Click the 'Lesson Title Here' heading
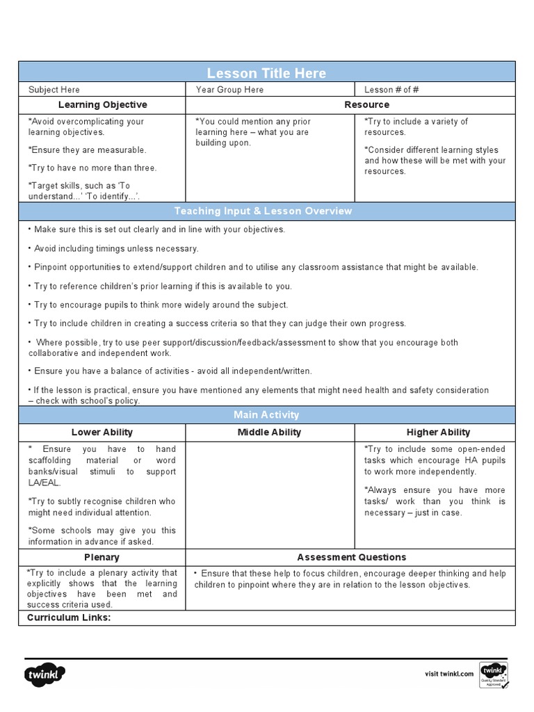pyautogui.click(x=267, y=73)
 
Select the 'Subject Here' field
pyautogui.click(x=54, y=90)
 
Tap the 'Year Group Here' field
pyautogui.click(x=229, y=90)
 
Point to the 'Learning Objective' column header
pyautogui.click(x=102, y=104)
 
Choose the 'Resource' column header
pyautogui.click(x=366, y=104)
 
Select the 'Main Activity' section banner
pyautogui.click(x=267, y=414)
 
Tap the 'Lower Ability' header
pyautogui.click(x=102, y=432)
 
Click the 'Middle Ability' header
pyautogui.click(x=269, y=432)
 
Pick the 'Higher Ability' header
pyautogui.click(x=438, y=432)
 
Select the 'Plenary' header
pyautogui.click(x=102, y=557)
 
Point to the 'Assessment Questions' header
pyautogui.click(x=351, y=557)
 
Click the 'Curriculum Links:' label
pyautogui.click(x=69, y=617)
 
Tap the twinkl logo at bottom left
pyautogui.click(x=46, y=674)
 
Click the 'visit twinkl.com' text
pyautogui.click(x=449, y=674)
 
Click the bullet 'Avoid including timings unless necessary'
pyautogui.click(x=115, y=248)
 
